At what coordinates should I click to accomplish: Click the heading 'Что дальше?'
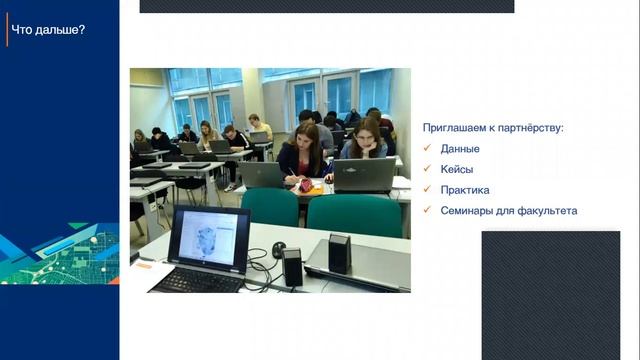[x=48, y=29]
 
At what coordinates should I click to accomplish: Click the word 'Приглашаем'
[x=453, y=128]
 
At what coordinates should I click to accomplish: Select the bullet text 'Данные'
[x=460, y=149]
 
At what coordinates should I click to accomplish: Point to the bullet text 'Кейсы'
[x=457, y=169]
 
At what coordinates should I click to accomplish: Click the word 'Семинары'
[x=467, y=210]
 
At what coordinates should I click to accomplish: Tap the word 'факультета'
[x=548, y=210]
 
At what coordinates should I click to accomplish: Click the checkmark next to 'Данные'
[x=427, y=149]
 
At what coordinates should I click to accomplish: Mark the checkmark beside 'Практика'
[x=427, y=190]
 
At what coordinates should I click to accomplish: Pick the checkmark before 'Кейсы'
[x=427, y=169]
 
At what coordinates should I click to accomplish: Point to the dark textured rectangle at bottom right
[x=550, y=294]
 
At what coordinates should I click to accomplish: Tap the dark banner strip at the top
[x=326, y=6]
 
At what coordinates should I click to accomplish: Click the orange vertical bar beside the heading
[x=6, y=29]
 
